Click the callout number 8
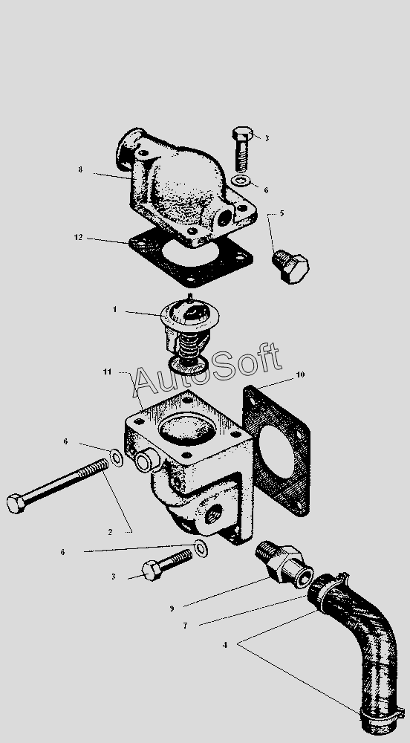coord(80,169)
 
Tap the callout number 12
coord(79,237)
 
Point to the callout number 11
coord(108,371)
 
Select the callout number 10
coord(300,374)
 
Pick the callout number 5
coord(282,213)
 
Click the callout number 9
coord(172,609)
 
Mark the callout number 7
coord(185,626)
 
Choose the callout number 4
coord(225,645)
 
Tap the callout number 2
coord(110,532)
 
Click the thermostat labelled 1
coord(189,334)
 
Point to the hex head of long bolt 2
coord(16,503)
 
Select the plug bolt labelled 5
coord(290,266)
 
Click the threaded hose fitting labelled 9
coord(284,564)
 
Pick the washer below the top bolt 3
coord(242,181)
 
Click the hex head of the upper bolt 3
coord(242,133)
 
